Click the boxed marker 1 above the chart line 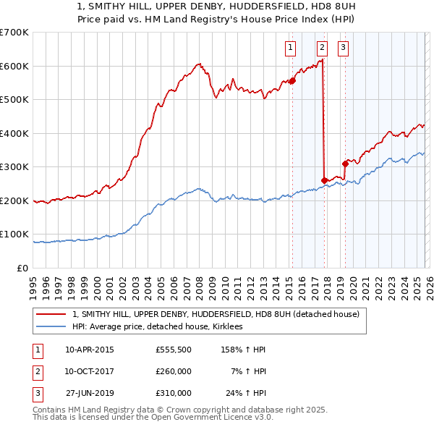tap(290, 48)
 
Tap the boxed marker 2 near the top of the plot tap(322, 48)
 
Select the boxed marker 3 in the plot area tap(343, 48)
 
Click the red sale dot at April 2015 tap(292, 81)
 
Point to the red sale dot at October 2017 tap(324, 180)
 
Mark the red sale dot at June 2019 tap(346, 164)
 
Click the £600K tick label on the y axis tap(14, 66)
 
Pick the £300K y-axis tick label tap(14, 167)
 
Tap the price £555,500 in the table tap(173, 350)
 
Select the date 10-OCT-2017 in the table tap(89, 371)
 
